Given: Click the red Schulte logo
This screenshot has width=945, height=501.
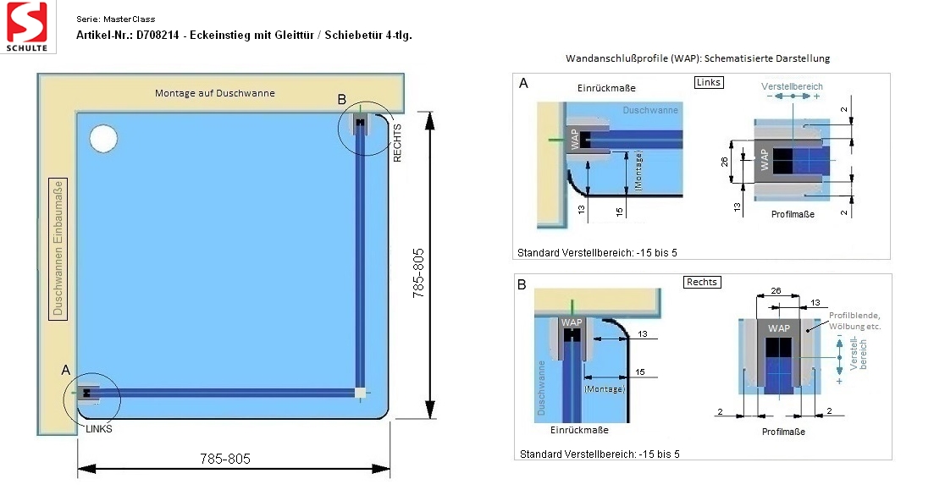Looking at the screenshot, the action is point(27,26).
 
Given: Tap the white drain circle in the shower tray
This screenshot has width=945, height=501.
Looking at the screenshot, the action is point(103,138).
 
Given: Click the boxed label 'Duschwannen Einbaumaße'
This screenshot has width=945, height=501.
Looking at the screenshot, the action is point(58,249).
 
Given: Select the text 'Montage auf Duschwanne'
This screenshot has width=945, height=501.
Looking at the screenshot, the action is point(214,93).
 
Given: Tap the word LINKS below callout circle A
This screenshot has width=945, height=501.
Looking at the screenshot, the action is point(99,429).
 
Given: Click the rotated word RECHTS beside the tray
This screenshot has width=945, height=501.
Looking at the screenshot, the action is point(397,143).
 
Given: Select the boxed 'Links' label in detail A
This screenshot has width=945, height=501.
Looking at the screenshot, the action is point(708,82).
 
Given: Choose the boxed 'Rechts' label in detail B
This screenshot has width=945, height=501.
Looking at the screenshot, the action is point(702,282).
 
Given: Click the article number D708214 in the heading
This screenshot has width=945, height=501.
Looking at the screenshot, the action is point(157,35).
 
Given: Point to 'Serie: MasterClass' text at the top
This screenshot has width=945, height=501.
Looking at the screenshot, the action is point(116,19).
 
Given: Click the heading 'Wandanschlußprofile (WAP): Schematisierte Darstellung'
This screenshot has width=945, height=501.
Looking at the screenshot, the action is point(698,58).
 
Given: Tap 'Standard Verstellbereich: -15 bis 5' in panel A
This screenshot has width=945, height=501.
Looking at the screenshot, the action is point(597,253).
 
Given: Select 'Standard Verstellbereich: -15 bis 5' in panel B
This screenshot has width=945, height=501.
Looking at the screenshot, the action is point(600,454).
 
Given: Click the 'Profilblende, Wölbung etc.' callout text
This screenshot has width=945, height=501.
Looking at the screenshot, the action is point(854,321).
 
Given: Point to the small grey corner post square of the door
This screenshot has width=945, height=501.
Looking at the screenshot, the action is point(360,394).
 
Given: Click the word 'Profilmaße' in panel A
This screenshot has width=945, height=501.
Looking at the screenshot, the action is point(793,214).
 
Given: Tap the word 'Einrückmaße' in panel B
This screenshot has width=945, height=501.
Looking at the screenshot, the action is point(579,430).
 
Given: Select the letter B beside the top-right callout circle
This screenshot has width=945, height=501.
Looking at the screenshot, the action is point(342,99).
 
